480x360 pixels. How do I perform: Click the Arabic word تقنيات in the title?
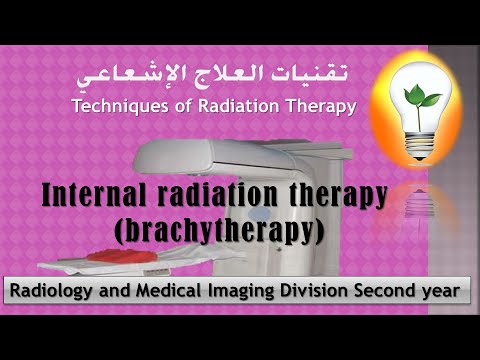pyautogui.click(x=316, y=76)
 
